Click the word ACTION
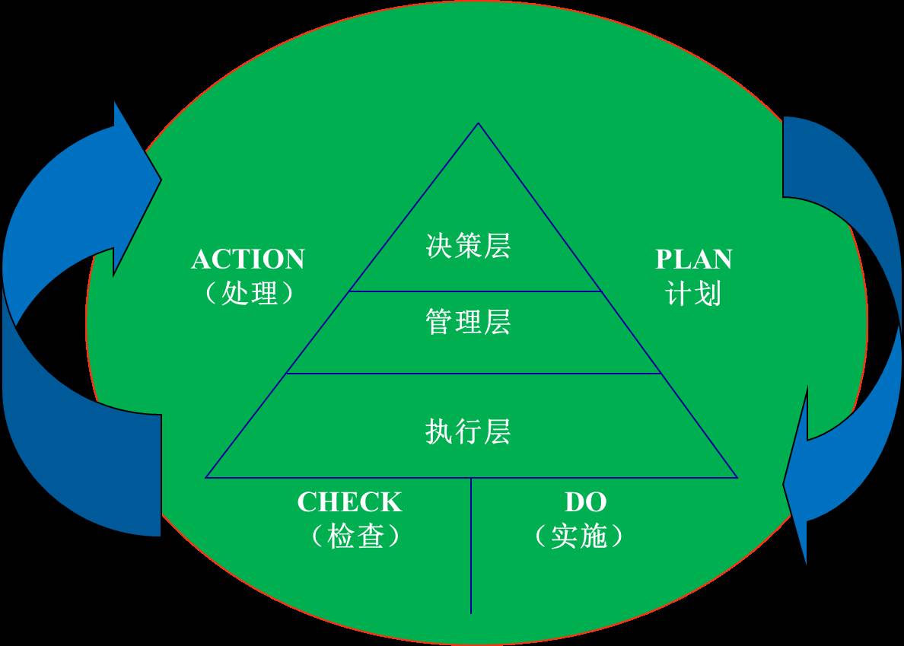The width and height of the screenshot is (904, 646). point(248,260)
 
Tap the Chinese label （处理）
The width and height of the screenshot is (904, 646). point(250,293)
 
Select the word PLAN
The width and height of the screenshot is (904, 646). point(693,260)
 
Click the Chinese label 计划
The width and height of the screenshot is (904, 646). point(693,293)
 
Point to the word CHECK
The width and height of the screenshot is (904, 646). point(349,502)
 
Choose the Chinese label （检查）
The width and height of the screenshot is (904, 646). point(355,536)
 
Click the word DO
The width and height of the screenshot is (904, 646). point(585,502)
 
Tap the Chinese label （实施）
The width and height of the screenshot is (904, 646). point(579,536)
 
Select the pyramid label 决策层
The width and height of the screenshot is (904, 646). point(468,246)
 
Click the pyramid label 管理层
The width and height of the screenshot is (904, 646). point(468,322)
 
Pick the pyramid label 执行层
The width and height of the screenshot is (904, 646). point(468,431)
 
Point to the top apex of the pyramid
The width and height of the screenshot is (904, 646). point(478,124)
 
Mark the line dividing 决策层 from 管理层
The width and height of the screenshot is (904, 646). point(476,291)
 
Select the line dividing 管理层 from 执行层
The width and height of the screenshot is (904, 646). point(473,374)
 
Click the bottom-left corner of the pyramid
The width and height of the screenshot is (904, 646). point(207,477)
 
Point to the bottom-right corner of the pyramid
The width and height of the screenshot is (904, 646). point(736,477)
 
